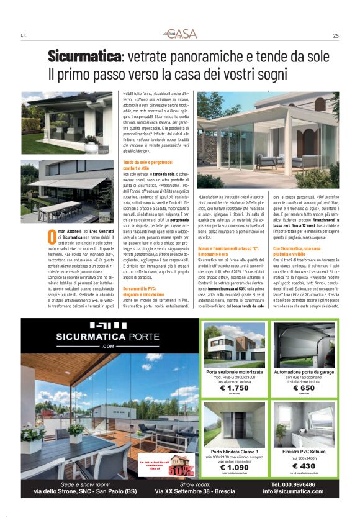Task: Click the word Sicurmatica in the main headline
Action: (x=85, y=57)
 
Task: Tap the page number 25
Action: (x=335, y=35)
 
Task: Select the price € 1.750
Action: (x=235, y=388)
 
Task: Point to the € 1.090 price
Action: (x=235, y=467)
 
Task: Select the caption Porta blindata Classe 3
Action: (x=235, y=452)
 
